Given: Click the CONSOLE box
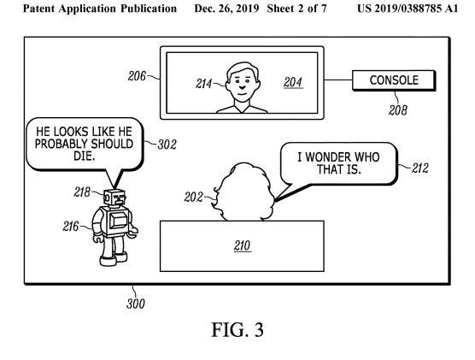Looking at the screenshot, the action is point(394,80).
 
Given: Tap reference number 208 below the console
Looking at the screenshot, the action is point(398,110).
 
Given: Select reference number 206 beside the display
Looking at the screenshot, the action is point(137,76).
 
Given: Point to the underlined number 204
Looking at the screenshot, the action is point(293,82).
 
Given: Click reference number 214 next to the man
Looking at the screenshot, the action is point(204,84).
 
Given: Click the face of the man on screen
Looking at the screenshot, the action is point(243,83).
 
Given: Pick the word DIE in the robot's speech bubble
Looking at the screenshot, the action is point(85,156).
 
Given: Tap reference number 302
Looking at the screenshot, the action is point(167,145).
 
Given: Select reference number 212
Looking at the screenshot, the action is point(419,168).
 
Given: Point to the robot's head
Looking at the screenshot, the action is point(114,198).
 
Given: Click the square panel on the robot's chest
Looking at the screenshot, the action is point(118,221).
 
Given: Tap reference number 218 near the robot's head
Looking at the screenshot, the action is point(82,192).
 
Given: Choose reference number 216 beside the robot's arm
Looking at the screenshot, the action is point(71,227).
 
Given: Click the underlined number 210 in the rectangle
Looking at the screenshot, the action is point(242,245).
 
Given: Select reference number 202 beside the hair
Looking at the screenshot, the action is point(193,198).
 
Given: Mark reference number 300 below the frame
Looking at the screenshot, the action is point(136,304).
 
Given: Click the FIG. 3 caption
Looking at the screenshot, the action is point(237,330).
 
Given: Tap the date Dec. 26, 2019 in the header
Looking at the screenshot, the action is point(226,9).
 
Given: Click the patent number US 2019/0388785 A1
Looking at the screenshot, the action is point(408,9).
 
